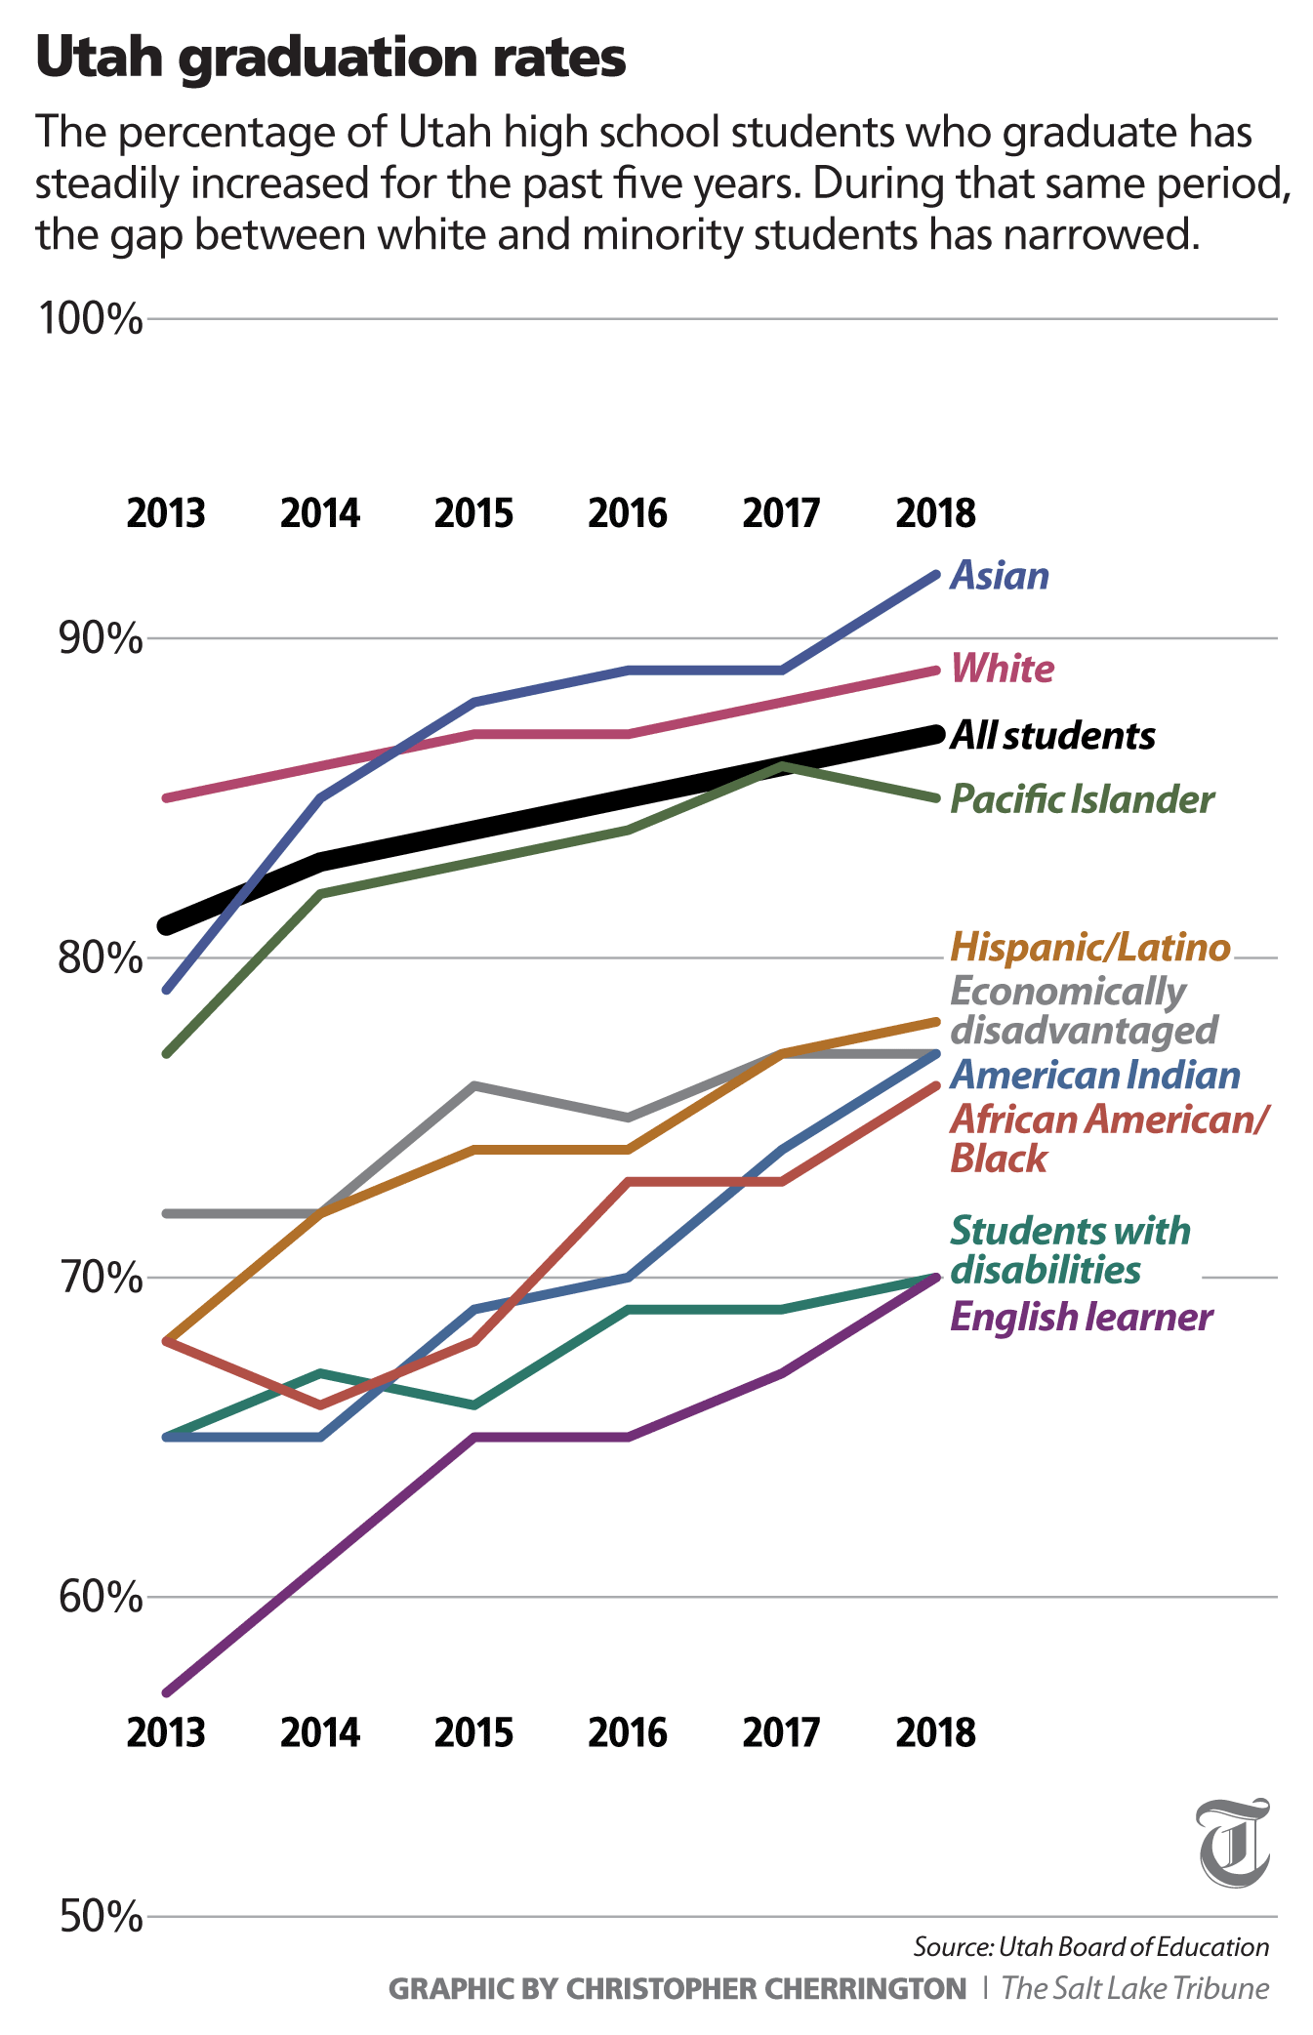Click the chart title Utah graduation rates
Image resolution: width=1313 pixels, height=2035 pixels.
[x=330, y=59]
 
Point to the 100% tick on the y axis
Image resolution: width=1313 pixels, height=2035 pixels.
[x=91, y=318]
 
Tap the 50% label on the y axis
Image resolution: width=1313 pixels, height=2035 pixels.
[x=101, y=1917]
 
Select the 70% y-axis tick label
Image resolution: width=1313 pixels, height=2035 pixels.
[x=101, y=1277]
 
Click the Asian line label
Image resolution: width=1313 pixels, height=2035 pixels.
[x=1000, y=576]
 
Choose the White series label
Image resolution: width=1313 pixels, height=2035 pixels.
[x=1003, y=670]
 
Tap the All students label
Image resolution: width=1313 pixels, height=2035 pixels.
[x=1052, y=735]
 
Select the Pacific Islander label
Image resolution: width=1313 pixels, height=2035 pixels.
[x=1082, y=799]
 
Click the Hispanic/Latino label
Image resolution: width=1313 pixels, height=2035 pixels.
[x=1090, y=947]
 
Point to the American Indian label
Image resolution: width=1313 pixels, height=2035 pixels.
[x=1095, y=1076]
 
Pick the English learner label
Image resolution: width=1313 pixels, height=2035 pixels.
[x=1081, y=1318]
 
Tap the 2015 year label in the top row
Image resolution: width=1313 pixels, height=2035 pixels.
[x=473, y=513]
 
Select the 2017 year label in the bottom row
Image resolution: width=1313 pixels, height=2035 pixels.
[x=781, y=1732]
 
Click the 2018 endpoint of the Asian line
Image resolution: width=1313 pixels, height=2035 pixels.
[x=935, y=575]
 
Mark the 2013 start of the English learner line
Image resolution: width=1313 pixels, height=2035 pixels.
[x=168, y=1691]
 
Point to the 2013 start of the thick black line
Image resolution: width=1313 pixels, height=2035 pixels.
[x=168, y=925]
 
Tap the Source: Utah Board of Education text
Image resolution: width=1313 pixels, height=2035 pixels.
[x=1090, y=1947]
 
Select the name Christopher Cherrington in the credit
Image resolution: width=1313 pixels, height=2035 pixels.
[x=766, y=1988]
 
